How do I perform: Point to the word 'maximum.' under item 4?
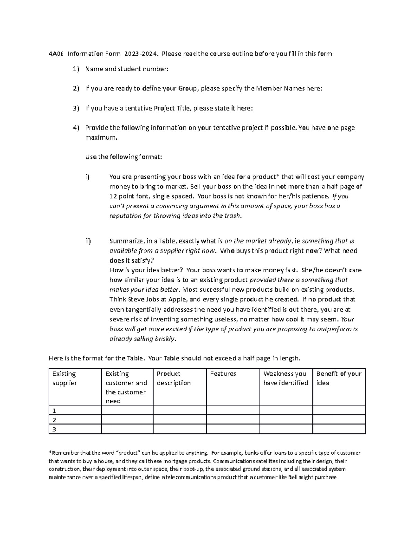pyautogui.click(x=101, y=137)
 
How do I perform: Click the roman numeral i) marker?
pyautogui.click(x=87, y=177)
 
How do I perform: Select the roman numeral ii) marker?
pyautogui.click(x=88, y=241)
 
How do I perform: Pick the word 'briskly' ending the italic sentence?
pyautogui.click(x=164, y=339)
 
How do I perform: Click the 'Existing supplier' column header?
pyautogui.click(x=64, y=378)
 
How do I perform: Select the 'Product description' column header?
pyautogui.click(x=174, y=378)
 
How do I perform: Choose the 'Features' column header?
pyautogui.click(x=223, y=374)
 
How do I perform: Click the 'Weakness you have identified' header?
pyautogui.click(x=285, y=378)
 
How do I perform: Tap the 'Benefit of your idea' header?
pyautogui.click(x=338, y=378)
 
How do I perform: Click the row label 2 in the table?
pyautogui.click(x=54, y=420)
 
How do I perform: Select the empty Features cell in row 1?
pyautogui.click(x=233, y=410)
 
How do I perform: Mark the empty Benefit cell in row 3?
pyautogui.click(x=338, y=429)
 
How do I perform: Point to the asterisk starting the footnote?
pyautogui.click(x=50, y=453)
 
